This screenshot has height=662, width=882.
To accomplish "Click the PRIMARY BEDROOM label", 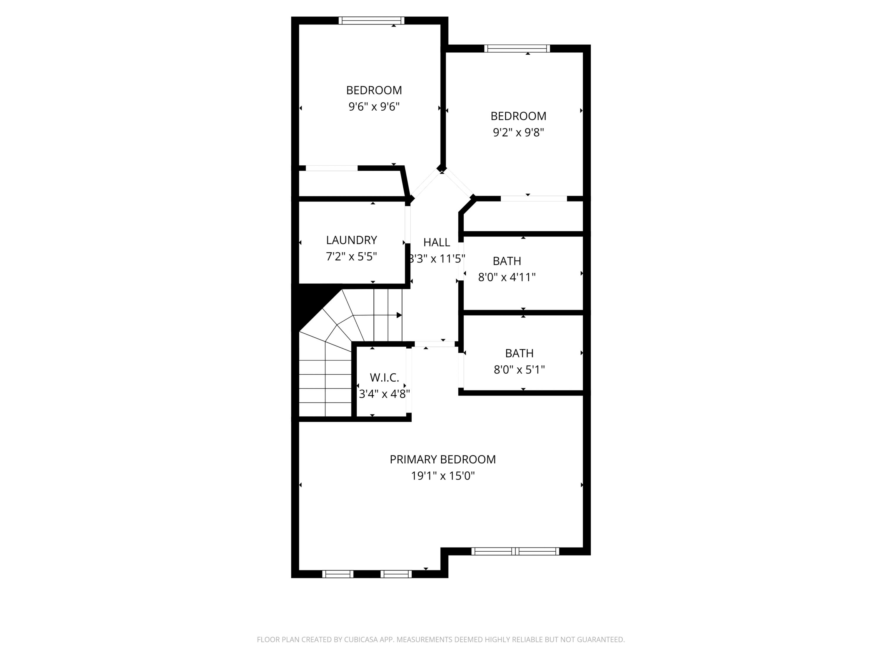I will [x=442, y=459].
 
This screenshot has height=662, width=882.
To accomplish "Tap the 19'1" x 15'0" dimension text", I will [x=442, y=476].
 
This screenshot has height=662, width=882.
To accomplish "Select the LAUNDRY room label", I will [x=351, y=240].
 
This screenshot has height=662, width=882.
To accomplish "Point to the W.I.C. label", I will [x=384, y=377].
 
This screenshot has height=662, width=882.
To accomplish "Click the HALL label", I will [x=437, y=242].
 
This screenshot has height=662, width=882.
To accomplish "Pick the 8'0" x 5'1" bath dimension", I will [x=519, y=370].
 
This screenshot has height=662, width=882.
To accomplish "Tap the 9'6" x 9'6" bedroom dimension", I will [x=374, y=107].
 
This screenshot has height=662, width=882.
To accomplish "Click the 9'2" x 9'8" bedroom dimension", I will [x=518, y=132].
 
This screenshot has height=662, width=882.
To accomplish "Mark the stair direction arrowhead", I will [x=399, y=315].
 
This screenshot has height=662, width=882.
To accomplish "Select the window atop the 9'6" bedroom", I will [x=371, y=20].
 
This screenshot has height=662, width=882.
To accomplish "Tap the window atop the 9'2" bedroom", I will [x=517, y=49].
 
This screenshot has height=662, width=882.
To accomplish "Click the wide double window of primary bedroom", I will [x=515, y=551].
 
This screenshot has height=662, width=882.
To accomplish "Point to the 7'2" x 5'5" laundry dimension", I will [x=351, y=257].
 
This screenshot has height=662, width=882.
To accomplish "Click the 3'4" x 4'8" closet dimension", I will [x=384, y=394].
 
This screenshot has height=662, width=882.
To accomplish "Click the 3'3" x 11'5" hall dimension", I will [x=437, y=259].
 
